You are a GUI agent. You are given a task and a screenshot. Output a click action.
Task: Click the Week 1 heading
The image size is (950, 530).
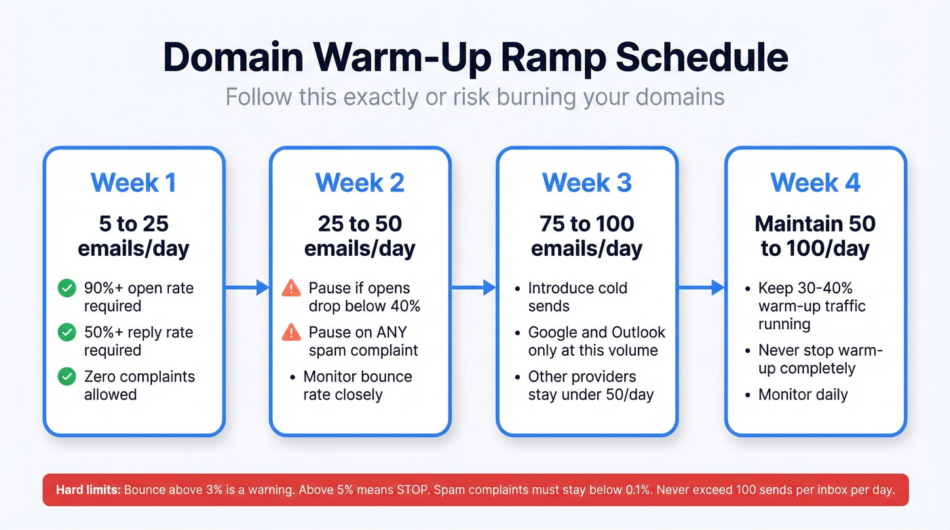[133, 183]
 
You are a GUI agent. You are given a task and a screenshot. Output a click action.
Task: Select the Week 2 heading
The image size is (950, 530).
[360, 183]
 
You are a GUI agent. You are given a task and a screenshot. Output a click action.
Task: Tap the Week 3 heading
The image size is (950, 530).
[586, 183]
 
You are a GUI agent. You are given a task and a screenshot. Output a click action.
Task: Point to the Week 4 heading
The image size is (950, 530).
[815, 183]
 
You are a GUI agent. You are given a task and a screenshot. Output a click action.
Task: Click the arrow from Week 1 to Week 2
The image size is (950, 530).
[247, 288]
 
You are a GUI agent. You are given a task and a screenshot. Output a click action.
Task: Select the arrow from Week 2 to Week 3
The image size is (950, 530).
[474, 288]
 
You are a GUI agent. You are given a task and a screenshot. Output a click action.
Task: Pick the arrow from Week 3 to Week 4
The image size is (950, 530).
[701, 288]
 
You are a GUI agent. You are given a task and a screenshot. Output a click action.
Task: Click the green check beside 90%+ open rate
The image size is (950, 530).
[66, 288]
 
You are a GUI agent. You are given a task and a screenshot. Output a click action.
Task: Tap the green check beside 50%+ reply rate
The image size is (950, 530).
[66, 333]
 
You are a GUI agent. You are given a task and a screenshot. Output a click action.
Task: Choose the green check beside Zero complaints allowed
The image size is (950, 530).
[66, 377]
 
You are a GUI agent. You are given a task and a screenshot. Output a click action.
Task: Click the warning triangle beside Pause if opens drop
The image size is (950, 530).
[290, 288]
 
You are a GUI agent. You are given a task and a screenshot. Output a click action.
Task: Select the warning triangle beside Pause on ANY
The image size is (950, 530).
[290, 333]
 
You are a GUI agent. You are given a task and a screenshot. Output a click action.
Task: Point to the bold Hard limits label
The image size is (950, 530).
[88, 490]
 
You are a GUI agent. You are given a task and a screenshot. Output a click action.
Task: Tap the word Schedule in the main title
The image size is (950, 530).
[701, 58]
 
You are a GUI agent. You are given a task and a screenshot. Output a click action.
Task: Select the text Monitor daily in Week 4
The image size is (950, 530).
[803, 394]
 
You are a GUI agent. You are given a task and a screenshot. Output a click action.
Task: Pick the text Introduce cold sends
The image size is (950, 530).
[577, 297]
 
